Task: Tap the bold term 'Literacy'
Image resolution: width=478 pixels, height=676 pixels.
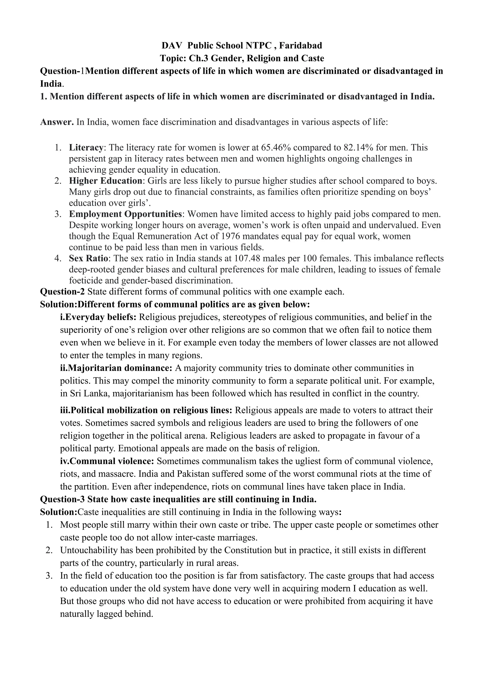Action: point(86,147)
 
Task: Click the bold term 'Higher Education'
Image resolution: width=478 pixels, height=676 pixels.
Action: point(105,180)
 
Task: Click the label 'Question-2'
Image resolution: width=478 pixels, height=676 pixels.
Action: point(62,292)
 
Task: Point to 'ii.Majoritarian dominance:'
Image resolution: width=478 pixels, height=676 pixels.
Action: point(116,368)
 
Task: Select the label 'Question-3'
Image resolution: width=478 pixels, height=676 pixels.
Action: point(62,499)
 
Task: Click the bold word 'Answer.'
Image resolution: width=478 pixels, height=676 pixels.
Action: point(57,122)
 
